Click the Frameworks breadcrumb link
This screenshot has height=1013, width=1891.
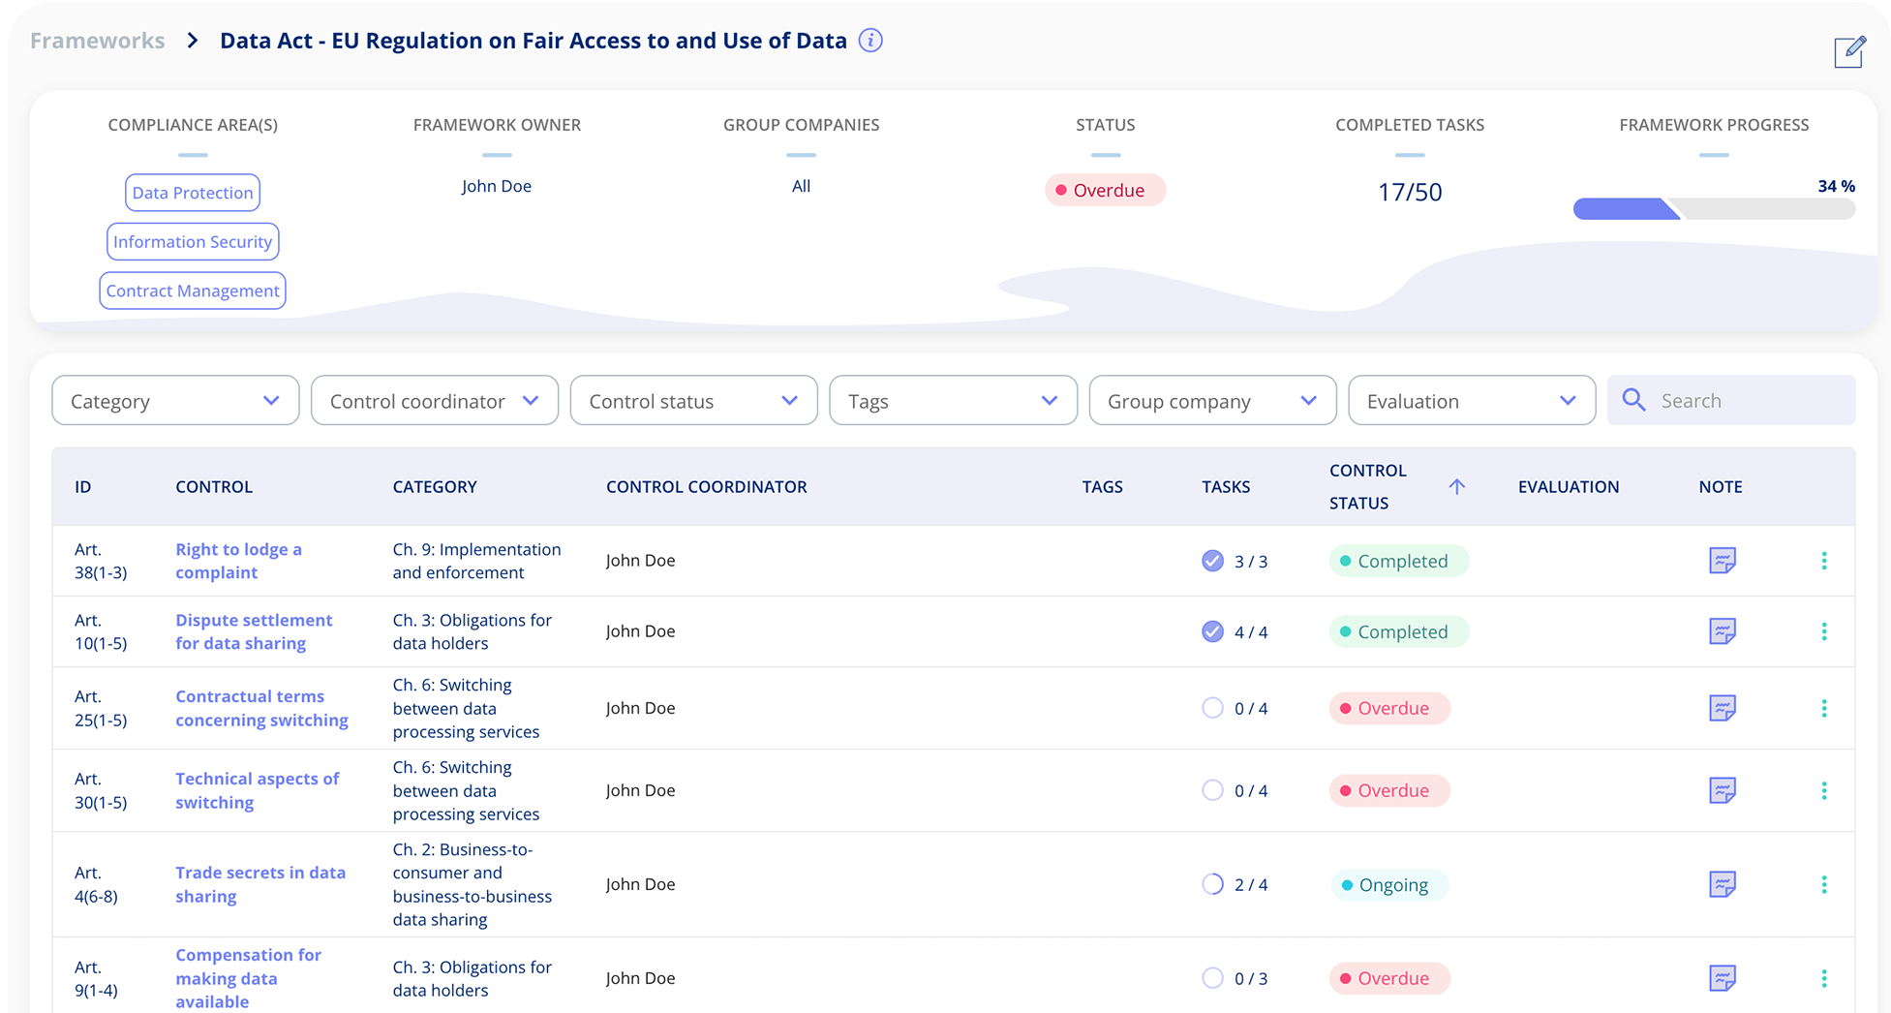[x=97, y=41]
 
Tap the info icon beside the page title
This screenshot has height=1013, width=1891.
[x=870, y=41]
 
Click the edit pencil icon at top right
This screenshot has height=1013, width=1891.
[x=1848, y=52]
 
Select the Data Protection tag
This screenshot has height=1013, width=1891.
[x=193, y=193]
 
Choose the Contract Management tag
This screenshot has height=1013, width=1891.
[x=193, y=291]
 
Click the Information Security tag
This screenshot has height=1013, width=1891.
[x=193, y=242]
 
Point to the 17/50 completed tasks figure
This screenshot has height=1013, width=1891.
[x=1409, y=192]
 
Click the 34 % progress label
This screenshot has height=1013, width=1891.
[x=1836, y=186]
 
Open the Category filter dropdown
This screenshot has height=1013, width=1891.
[x=175, y=401]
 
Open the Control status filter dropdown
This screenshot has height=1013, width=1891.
[x=693, y=401]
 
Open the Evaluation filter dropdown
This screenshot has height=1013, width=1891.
[x=1471, y=401]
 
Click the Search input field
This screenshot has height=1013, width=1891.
[x=1743, y=401]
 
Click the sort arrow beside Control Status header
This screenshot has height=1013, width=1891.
[x=1456, y=486]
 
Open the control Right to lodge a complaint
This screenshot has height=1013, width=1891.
[x=238, y=561]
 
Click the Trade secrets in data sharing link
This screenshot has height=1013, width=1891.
[x=259, y=884]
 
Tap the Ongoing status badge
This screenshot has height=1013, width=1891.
[x=1389, y=885]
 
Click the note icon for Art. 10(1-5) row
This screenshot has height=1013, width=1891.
[x=1722, y=631]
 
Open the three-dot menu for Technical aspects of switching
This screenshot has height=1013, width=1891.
[x=1823, y=791]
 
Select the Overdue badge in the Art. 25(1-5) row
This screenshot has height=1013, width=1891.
[x=1389, y=709]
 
